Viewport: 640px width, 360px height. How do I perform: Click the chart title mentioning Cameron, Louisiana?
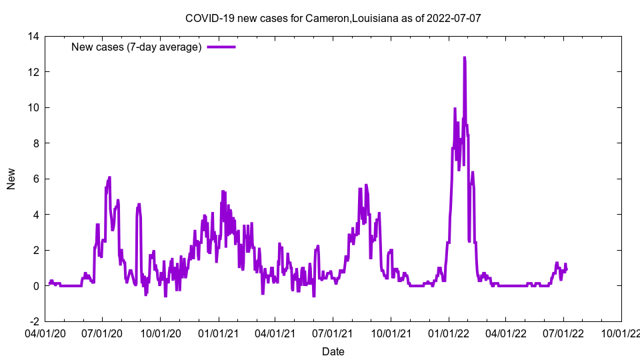pos(333,19)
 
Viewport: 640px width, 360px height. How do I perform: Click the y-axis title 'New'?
pos(11,179)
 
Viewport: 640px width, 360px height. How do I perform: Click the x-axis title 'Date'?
pos(333,351)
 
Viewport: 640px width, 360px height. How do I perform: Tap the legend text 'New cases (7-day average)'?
pos(137,47)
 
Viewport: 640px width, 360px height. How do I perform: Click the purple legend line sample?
pos(221,47)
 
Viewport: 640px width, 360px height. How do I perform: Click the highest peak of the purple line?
pos(464,58)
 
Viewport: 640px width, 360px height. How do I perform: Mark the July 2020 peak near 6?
pos(109,177)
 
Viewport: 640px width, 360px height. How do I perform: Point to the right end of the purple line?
pos(567,269)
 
